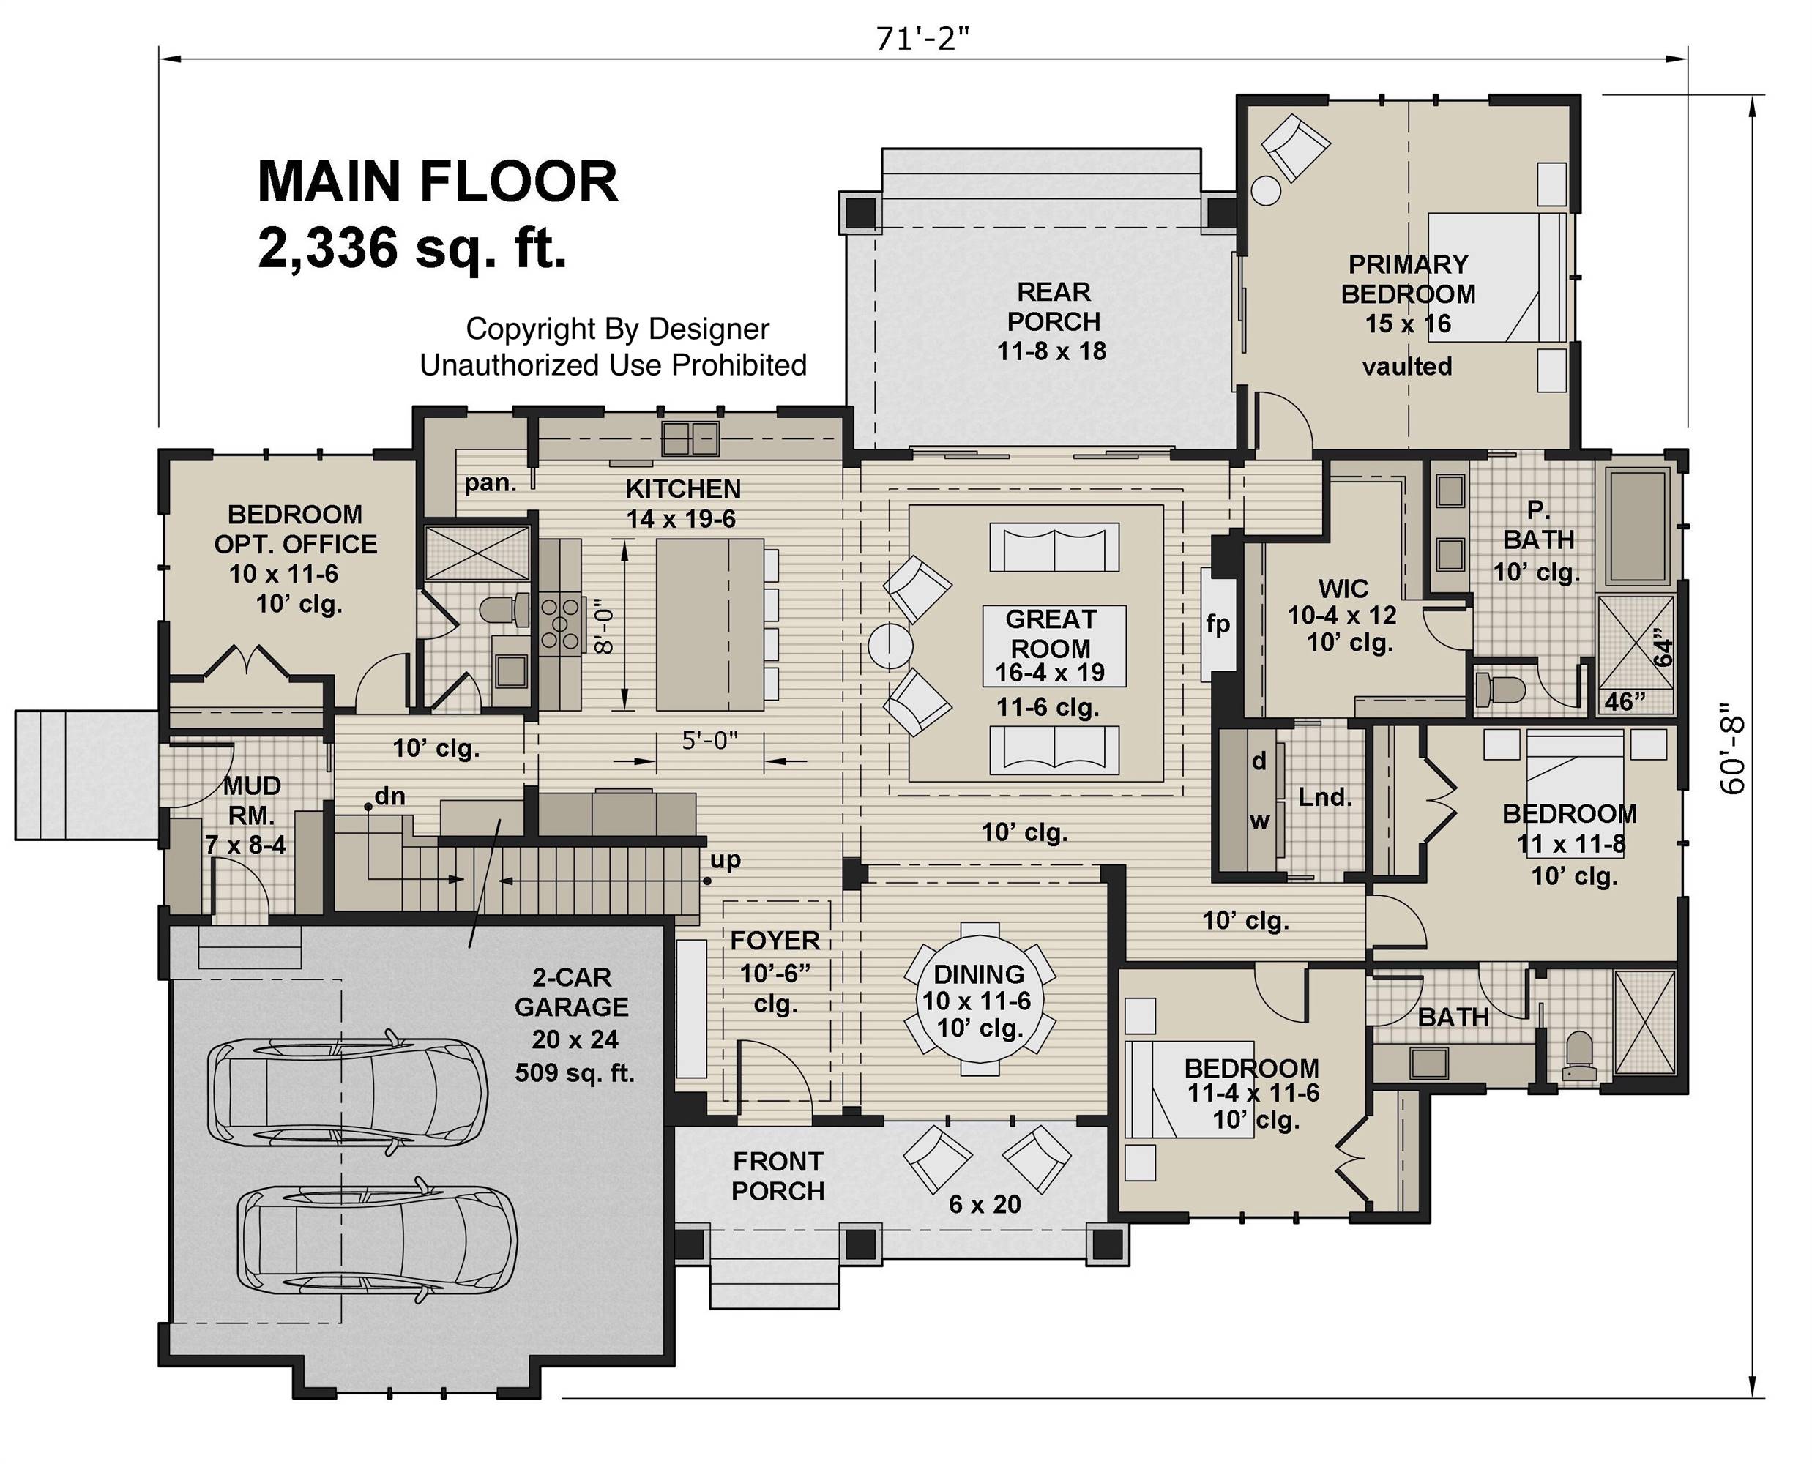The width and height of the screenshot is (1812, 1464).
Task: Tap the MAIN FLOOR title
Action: click(x=437, y=182)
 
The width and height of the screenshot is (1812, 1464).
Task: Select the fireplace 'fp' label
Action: click(x=1218, y=624)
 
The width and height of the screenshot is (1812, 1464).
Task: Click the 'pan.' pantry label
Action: click(x=490, y=483)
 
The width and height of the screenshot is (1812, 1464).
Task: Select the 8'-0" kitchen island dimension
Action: click(x=604, y=627)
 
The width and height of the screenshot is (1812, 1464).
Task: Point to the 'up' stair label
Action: click(x=725, y=860)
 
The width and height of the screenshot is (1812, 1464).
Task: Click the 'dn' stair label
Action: click(x=389, y=795)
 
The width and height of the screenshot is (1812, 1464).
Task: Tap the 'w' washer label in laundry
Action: click(x=1259, y=821)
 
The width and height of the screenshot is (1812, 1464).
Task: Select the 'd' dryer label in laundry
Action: click(x=1259, y=761)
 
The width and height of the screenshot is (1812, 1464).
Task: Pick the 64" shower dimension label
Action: click(x=1663, y=647)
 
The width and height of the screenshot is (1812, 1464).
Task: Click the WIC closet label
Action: click(x=1343, y=588)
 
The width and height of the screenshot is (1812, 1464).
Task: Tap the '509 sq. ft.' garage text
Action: click(x=575, y=1072)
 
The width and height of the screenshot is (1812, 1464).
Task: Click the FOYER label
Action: click(x=775, y=941)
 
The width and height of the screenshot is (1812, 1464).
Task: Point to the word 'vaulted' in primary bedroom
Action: click(x=1407, y=366)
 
